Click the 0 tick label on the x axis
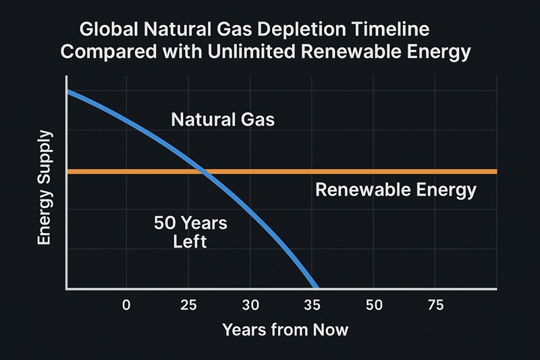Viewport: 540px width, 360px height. pos(126,305)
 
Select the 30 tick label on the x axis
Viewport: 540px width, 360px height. pos(250,305)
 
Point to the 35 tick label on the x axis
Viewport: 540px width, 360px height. pos(311,305)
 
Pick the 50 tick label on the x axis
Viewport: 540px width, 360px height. pos(373,305)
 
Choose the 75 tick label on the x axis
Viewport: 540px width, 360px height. pos(435,305)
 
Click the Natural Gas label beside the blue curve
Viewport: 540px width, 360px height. pos(223,121)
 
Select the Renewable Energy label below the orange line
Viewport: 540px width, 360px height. pos(396,190)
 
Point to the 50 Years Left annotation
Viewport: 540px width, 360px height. pos(181,232)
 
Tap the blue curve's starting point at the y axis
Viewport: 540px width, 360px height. pos(67,91)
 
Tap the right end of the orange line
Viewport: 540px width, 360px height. pos(495,172)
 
